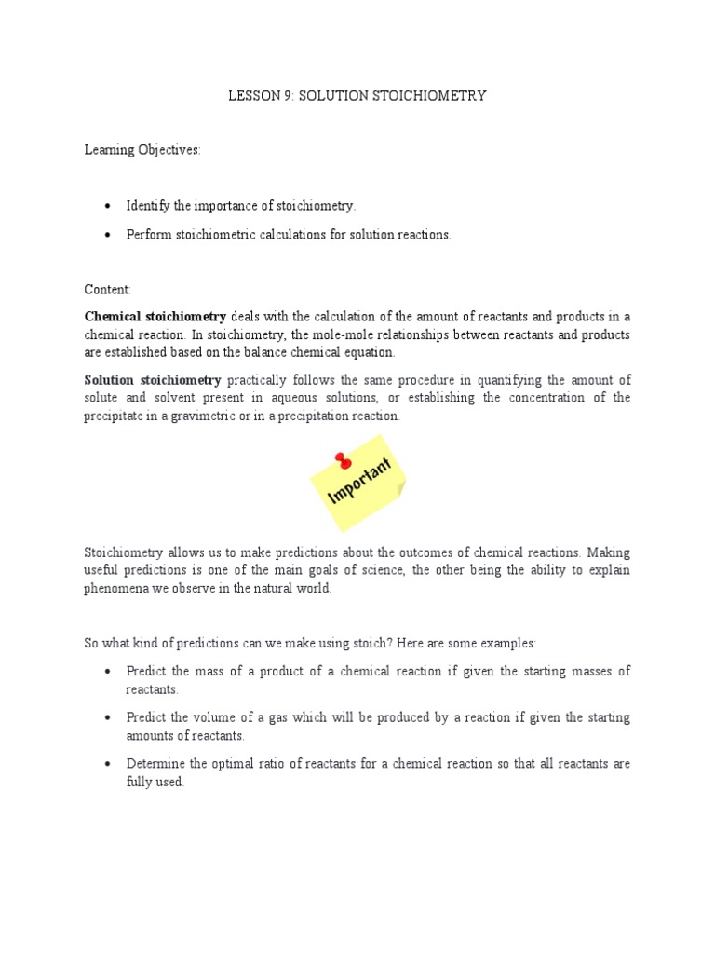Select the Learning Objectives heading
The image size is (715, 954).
[142, 151]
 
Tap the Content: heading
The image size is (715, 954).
[108, 290]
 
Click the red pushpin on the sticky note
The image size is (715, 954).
[344, 460]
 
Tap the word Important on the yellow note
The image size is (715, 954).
[360, 481]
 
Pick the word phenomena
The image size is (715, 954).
[116, 590]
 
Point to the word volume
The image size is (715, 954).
[205, 718]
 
